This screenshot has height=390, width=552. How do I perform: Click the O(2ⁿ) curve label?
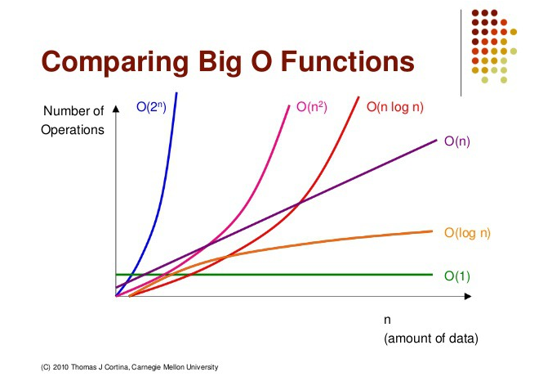[x=150, y=106]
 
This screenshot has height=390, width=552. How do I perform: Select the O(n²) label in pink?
[x=311, y=106]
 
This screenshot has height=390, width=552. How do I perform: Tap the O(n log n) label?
[x=395, y=106]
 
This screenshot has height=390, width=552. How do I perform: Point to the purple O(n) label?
[x=457, y=141]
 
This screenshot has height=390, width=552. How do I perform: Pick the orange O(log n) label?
[x=467, y=233]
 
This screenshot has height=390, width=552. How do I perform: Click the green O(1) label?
[x=457, y=276]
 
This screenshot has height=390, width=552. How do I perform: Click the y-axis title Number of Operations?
[x=73, y=119]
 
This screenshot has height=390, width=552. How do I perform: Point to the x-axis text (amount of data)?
[x=430, y=338]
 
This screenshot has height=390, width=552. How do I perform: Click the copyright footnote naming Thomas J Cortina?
[x=130, y=368]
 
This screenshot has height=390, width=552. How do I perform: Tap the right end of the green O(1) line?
[x=431, y=275]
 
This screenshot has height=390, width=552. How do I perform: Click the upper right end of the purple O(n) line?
[x=437, y=140]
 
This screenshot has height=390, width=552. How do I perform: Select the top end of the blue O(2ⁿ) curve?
[x=176, y=94]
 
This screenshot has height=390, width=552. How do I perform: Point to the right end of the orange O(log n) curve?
[x=431, y=231]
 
